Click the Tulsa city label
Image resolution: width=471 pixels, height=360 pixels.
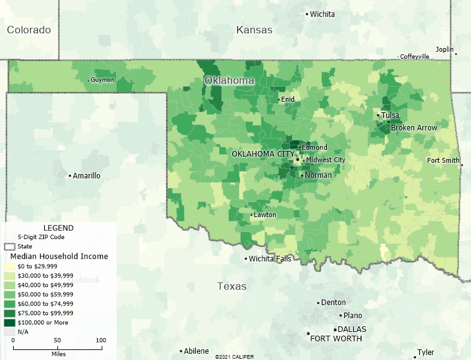[x=391, y=115]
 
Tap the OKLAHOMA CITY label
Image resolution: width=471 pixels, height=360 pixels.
[x=263, y=153]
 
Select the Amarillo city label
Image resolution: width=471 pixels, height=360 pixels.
[x=86, y=176]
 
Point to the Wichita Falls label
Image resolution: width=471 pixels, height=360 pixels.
[x=269, y=259]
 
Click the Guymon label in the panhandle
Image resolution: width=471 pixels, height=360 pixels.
[x=102, y=80]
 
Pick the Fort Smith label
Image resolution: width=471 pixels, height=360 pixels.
[x=443, y=160]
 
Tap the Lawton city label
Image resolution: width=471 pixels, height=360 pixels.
[x=265, y=215]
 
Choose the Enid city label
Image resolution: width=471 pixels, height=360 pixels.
[x=288, y=99]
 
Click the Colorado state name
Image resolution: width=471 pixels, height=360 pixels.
[x=29, y=30]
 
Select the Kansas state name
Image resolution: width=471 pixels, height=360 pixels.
[x=254, y=30]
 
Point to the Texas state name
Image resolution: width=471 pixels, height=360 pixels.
[x=231, y=286]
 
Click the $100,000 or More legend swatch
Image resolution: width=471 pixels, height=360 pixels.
[x=9, y=323]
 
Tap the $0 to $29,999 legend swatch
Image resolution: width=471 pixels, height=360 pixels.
[x=9, y=266]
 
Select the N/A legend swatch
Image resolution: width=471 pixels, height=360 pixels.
[x=9, y=332]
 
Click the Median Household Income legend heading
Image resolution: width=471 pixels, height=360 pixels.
[x=59, y=256]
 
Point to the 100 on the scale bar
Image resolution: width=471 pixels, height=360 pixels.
[x=100, y=340]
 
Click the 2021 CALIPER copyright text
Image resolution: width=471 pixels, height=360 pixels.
[x=235, y=357]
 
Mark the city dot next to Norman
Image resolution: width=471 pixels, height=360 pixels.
[x=301, y=176]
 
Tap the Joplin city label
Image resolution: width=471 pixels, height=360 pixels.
[x=444, y=49]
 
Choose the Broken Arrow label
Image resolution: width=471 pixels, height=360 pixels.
[x=414, y=128]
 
